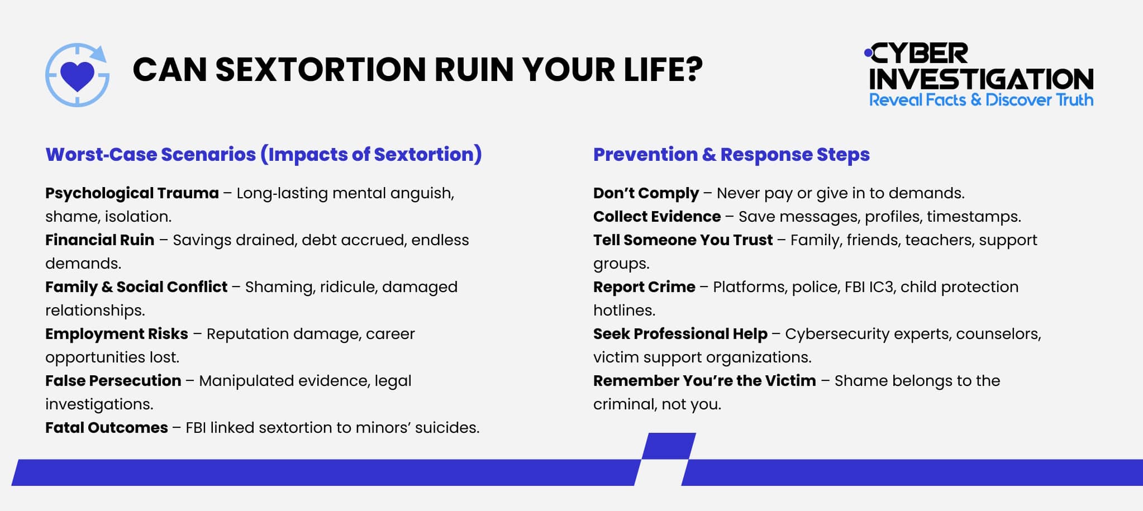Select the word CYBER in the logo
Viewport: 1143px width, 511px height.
coord(918,54)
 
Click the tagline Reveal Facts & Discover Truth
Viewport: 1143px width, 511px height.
coord(981,101)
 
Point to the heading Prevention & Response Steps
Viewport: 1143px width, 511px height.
coord(731,155)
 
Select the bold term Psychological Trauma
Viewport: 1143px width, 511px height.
coord(132,193)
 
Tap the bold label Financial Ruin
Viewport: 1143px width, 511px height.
coord(99,240)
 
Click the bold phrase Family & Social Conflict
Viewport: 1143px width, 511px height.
coord(136,287)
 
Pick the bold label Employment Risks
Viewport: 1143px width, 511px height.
coord(116,334)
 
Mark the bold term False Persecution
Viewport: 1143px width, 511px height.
coord(113,381)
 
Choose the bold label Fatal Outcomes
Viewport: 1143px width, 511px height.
coord(106,428)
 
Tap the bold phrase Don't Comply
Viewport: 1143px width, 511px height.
coord(646,193)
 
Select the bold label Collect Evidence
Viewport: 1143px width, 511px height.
coord(657,217)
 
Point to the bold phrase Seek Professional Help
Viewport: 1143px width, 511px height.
coord(680,334)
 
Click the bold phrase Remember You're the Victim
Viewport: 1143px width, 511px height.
coord(704,381)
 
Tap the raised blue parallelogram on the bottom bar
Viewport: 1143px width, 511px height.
coord(669,446)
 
